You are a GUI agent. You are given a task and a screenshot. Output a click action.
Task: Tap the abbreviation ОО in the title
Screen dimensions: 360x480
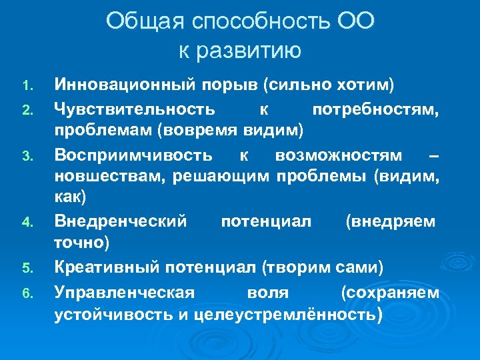click(x=355, y=22)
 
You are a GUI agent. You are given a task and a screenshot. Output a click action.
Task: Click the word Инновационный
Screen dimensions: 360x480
click(x=125, y=85)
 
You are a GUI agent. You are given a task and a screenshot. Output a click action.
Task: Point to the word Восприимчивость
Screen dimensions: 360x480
click(x=133, y=155)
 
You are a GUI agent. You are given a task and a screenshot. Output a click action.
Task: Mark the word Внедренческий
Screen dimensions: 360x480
click(x=121, y=221)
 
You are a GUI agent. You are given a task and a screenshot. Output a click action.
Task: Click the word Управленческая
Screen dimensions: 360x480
click(x=124, y=291)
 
